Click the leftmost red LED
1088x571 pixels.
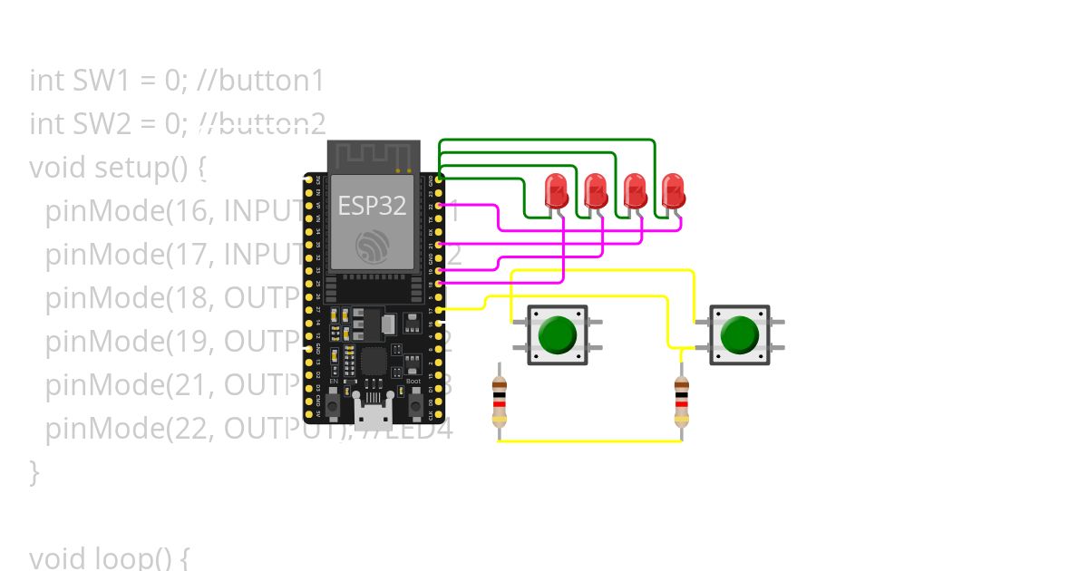[556, 191]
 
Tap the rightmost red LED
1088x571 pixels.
[673, 191]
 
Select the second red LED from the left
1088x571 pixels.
[595, 191]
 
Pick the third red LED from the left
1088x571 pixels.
[635, 191]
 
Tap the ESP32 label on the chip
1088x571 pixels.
[372, 206]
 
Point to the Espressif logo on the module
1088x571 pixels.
[374, 246]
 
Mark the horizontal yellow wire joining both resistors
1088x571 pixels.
[589, 441]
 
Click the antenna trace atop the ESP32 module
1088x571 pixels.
[374, 157]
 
